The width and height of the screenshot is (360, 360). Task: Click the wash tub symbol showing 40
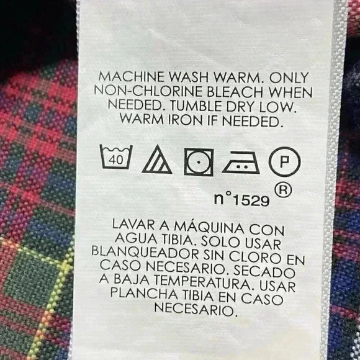[116, 157]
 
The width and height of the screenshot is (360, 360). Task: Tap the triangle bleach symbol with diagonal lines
[157, 160]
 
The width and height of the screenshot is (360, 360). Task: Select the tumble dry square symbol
[199, 162]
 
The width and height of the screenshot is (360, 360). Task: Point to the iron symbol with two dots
[241, 163]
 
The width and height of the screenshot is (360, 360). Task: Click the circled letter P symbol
[284, 161]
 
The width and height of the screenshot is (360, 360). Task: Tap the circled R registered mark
[283, 191]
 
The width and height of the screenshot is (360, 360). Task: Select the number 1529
[251, 201]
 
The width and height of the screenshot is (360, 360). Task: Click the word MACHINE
[132, 77]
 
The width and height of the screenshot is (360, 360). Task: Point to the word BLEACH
[235, 92]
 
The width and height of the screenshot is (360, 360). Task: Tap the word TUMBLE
[196, 106]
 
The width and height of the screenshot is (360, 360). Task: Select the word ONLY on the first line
[289, 78]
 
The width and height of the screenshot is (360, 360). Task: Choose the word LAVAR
[133, 224]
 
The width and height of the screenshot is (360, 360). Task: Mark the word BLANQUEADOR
[145, 253]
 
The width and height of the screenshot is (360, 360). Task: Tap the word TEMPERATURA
[205, 282]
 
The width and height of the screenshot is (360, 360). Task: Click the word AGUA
[136, 239]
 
